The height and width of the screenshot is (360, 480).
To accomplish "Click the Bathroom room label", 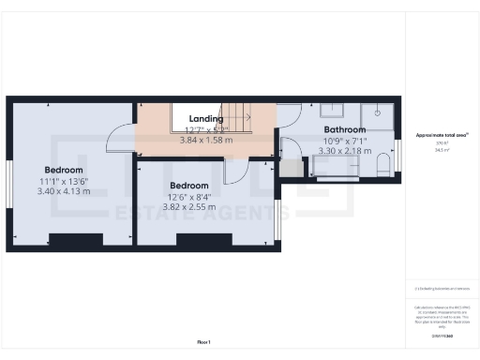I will (x=344, y=129).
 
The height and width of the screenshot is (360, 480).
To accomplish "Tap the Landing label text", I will (x=205, y=119).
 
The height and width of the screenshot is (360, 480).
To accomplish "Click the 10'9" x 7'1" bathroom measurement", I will (x=344, y=140).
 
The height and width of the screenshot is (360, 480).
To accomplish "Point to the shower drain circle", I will (x=376, y=111).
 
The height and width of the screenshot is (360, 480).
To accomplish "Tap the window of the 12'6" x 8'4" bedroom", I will (x=278, y=222).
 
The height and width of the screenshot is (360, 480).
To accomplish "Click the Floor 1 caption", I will (x=203, y=340).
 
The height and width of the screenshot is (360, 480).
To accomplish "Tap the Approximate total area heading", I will (x=442, y=135).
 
